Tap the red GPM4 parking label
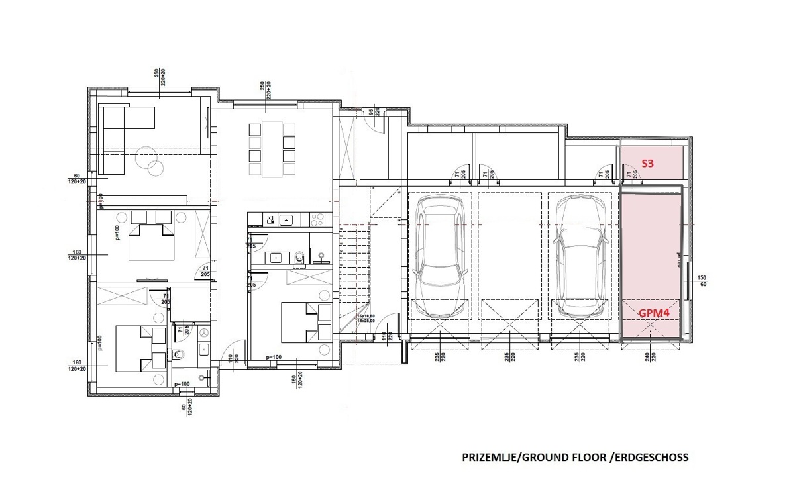click(x=654, y=313)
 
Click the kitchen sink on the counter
click(x=286, y=219)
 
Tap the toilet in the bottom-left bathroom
click(x=178, y=355)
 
